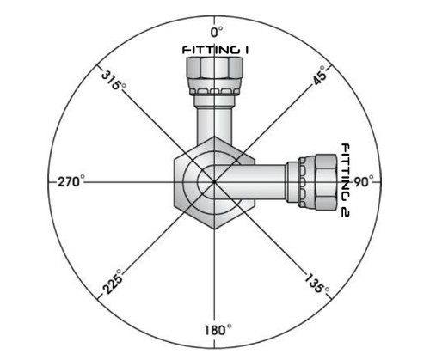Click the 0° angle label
[215, 31]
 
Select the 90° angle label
[361, 182]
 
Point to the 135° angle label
[317, 284]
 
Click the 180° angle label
[214, 331]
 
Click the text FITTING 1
[215, 51]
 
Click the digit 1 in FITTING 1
[246, 51]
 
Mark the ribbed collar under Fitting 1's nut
[215, 92]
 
